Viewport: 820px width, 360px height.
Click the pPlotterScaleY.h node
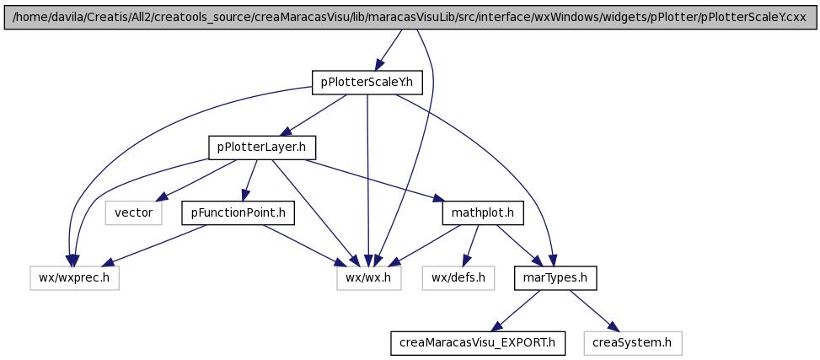(x=367, y=83)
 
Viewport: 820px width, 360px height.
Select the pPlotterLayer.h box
(x=262, y=148)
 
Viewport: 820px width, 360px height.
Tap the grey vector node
(x=133, y=213)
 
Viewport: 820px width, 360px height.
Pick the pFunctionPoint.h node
(x=238, y=213)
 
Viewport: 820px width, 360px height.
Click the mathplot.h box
(x=483, y=213)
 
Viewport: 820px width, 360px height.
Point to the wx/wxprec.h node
(x=74, y=278)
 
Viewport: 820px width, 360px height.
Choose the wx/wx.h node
(x=368, y=278)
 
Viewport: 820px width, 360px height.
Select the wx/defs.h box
(x=458, y=278)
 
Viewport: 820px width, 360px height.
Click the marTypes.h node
(x=555, y=278)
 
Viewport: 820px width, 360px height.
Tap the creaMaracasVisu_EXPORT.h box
(x=478, y=343)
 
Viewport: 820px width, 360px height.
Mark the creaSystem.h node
(x=633, y=343)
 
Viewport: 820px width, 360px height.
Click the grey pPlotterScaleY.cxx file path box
(x=410, y=17)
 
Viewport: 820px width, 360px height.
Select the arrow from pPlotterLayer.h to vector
(x=196, y=180)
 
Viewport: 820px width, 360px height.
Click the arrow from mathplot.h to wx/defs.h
(x=472, y=244)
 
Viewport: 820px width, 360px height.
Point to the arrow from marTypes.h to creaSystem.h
(x=594, y=310)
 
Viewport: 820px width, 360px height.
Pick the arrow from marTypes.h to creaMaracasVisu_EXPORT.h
(x=516, y=310)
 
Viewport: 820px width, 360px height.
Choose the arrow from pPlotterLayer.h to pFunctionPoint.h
(x=249, y=180)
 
